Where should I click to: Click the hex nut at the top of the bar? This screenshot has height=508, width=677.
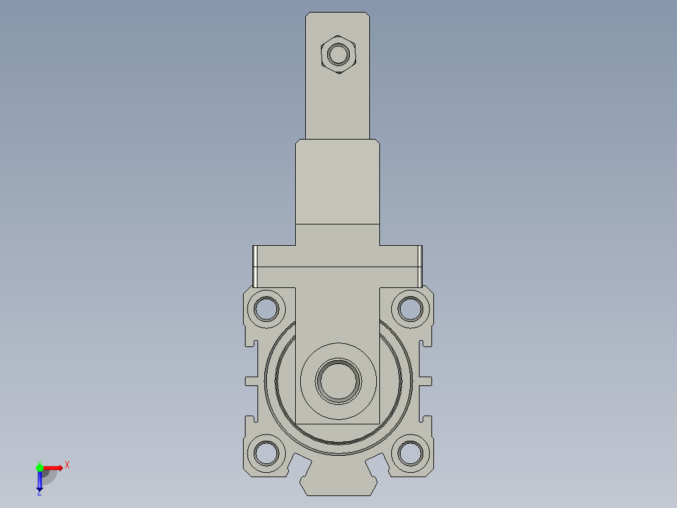(x=339, y=54)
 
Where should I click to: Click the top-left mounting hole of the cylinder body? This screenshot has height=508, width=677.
(x=266, y=309)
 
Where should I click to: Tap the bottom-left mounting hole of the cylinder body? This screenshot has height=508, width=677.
(x=266, y=453)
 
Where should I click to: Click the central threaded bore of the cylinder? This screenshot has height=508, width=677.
(x=339, y=381)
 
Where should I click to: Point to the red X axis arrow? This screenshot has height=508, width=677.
(x=54, y=467)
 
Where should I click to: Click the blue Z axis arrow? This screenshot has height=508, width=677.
(x=40, y=480)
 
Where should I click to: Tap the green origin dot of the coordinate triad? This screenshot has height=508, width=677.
(x=40, y=467)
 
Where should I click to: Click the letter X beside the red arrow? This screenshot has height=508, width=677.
(x=67, y=465)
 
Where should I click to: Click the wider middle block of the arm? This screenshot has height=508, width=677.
(x=338, y=182)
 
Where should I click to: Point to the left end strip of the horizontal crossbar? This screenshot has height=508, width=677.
(x=256, y=265)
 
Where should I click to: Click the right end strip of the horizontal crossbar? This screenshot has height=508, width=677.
(x=420, y=265)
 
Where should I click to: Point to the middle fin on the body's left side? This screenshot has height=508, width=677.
(x=251, y=381)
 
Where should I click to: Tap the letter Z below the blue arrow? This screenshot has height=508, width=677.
(x=39, y=493)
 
